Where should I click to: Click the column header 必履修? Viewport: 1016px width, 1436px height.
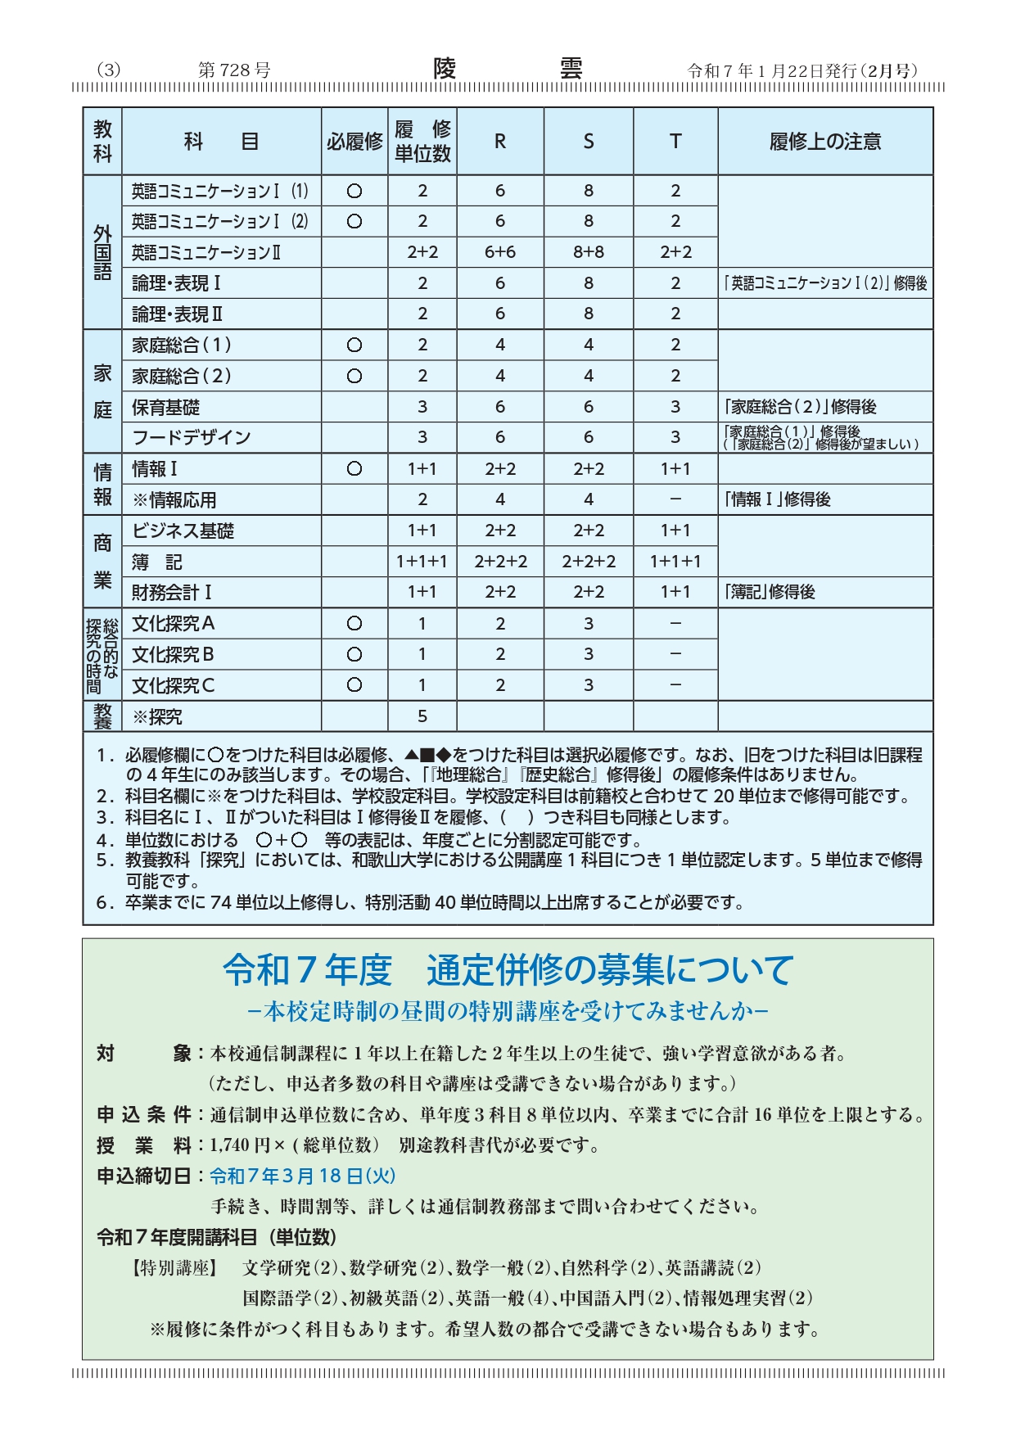tap(354, 142)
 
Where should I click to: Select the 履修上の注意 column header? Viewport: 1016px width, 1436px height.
tap(824, 142)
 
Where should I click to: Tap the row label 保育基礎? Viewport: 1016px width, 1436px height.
tap(166, 407)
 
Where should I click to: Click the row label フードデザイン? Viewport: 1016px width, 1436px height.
tap(192, 437)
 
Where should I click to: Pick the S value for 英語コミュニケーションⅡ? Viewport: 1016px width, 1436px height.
tap(588, 252)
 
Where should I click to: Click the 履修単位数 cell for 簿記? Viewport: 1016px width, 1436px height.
tap(422, 562)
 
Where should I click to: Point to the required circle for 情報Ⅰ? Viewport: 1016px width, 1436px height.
tap(354, 469)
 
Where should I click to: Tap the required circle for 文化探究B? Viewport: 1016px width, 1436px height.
tap(354, 655)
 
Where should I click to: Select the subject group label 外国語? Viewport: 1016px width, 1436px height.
tap(102, 252)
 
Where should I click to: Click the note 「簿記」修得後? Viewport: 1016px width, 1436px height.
tap(770, 592)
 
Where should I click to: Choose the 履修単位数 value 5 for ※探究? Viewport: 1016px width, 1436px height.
tap(422, 716)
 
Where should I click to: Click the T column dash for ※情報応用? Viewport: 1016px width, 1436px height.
tap(675, 499)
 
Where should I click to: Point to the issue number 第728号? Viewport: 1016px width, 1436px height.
tap(234, 70)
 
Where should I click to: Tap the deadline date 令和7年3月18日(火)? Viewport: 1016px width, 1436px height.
tap(303, 1176)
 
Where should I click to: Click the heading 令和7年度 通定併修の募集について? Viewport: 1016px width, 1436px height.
tap(508, 970)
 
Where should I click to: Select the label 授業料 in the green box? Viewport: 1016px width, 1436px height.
tap(144, 1145)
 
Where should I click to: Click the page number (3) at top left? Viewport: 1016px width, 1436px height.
tap(108, 70)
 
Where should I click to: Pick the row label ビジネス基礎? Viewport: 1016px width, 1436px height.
tap(183, 531)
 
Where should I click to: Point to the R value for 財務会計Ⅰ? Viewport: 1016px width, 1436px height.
tap(499, 592)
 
